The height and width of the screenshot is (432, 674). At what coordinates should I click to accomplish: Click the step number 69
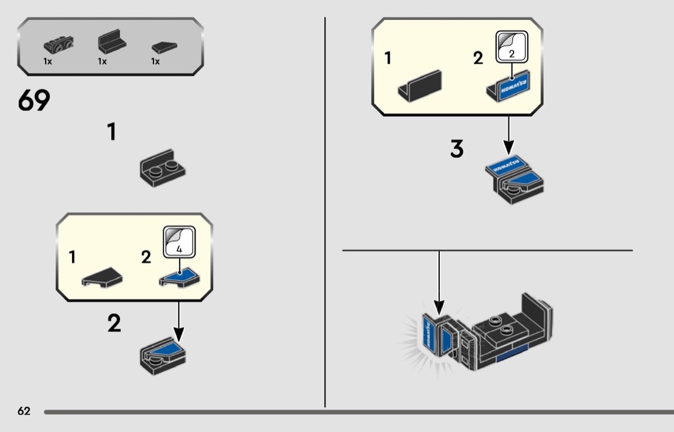coord(34,101)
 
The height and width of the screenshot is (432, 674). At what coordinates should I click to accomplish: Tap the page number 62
coord(24,411)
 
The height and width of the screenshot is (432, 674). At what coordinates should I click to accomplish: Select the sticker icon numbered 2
coord(511,47)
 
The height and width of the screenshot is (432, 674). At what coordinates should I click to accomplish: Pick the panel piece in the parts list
coord(110,43)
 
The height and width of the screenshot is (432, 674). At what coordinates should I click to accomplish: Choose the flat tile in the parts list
coord(164,46)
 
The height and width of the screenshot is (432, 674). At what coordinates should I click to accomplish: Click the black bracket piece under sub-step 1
coord(162,168)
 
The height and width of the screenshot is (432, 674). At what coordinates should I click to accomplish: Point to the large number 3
coord(456,149)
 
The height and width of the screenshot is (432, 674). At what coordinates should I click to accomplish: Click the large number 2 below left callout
coord(114,323)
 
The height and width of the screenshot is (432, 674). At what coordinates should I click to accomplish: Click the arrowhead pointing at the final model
coord(439,308)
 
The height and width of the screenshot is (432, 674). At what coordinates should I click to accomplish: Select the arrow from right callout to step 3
coord(508,135)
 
